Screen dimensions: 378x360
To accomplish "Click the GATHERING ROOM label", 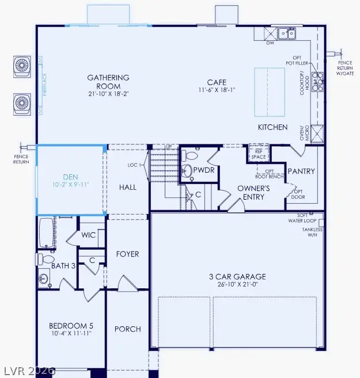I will [x=108, y=78].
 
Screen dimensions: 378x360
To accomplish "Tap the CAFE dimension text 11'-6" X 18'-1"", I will [x=217, y=90].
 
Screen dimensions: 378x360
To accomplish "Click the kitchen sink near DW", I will [x=286, y=33].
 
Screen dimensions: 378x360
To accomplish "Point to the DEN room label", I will [x=71, y=178].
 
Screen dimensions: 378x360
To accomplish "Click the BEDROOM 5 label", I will [x=70, y=325].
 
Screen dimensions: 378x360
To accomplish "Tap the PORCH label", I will [x=127, y=329].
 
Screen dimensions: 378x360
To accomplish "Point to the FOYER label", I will [x=127, y=254].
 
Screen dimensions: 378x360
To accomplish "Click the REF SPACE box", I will [x=257, y=154].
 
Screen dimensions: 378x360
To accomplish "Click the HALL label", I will [x=127, y=188].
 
